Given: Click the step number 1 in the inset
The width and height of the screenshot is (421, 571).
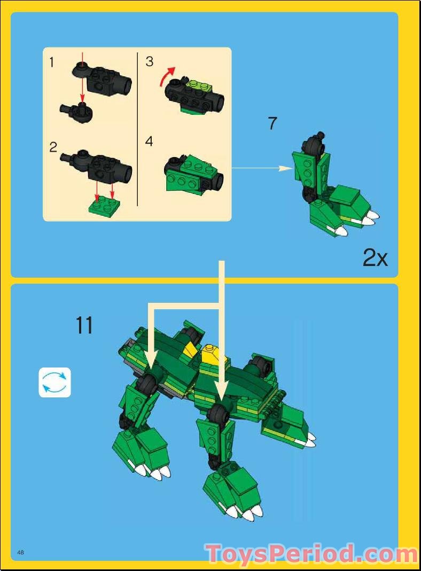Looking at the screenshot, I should click(52, 62).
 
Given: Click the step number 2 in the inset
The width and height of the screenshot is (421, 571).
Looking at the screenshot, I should click(53, 147).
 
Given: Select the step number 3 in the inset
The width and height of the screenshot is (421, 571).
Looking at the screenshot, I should click(150, 62).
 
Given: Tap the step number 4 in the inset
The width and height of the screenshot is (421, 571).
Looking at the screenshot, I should click(149, 142).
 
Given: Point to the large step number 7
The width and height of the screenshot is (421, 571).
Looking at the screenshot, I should click(272, 123).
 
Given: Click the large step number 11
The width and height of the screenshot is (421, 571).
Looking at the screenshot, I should click(84, 325).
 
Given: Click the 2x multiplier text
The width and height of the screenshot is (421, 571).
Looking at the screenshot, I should click(375, 259).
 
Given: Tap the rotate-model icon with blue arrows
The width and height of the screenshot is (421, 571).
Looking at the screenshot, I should click(54, 382).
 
